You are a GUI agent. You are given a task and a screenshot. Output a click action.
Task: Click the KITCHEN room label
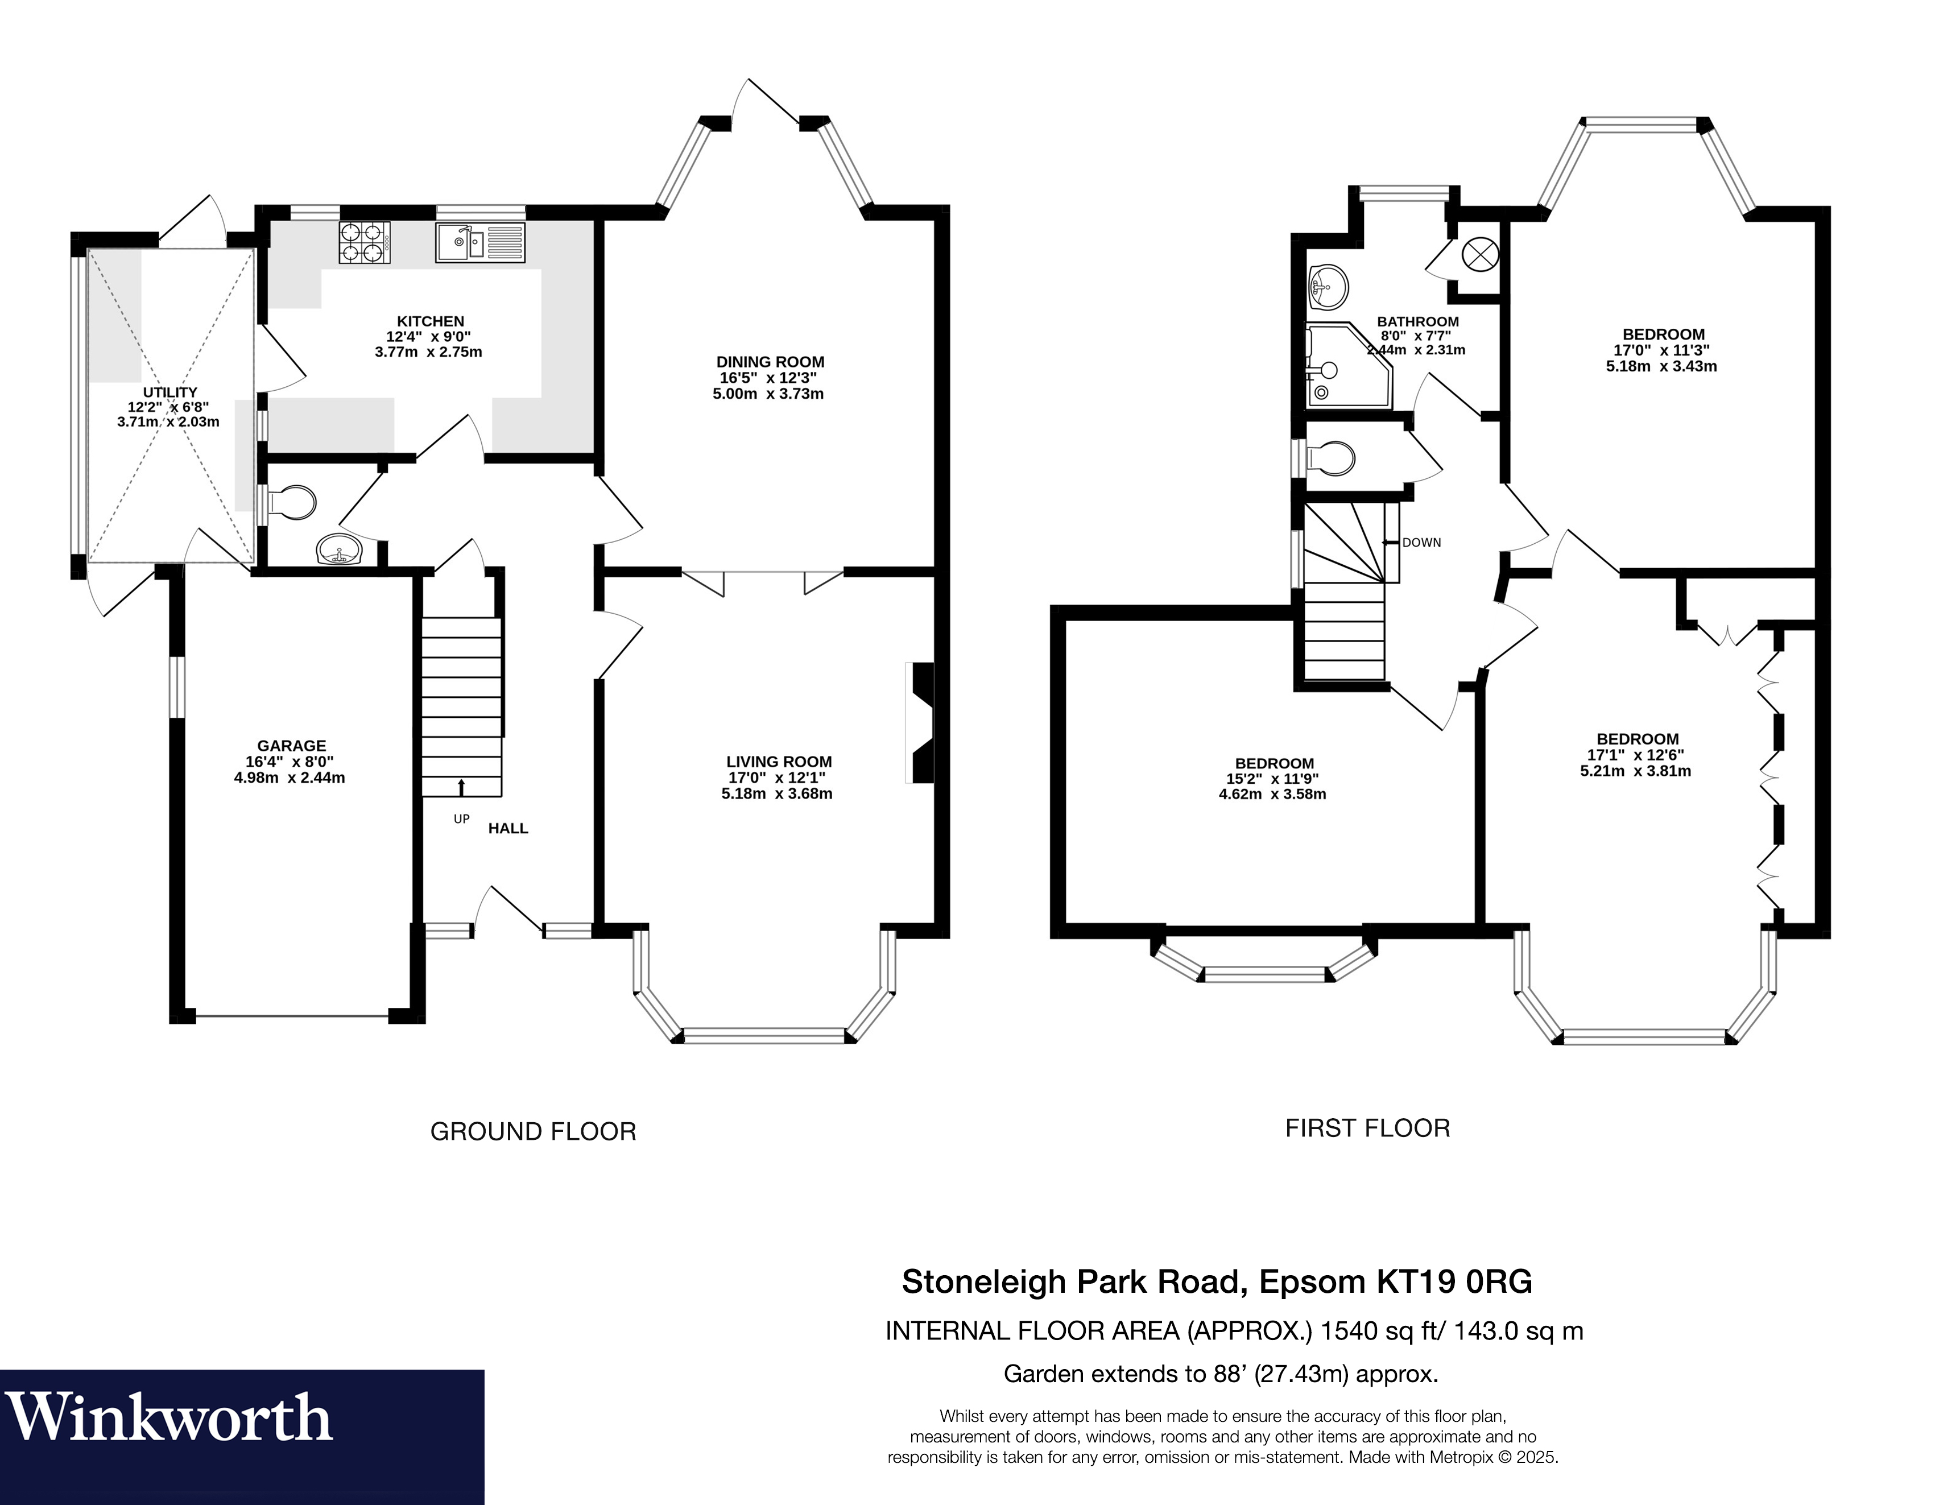(x=431, y=321)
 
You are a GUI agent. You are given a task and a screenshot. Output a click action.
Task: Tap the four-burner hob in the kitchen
(x=364, y=242)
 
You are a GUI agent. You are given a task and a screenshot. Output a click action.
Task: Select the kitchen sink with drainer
(x=480, y=242)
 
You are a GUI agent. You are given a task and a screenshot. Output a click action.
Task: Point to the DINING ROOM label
(x=770, y=361)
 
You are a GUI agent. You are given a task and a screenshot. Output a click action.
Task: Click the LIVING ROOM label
(x=779, y=761)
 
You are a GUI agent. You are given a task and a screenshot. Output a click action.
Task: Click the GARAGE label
(x=291, y=746)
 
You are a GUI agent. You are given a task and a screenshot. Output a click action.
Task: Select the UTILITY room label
(x=170, y=391)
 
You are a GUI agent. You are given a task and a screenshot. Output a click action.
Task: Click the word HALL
(x=508, y=828)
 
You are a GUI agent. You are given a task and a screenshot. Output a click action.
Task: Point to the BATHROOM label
(x=1417, y=321)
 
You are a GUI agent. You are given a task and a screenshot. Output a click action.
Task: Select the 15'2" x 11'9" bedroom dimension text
(x=1272, y=779)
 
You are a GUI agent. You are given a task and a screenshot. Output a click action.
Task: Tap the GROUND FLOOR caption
(x=534, y=1131)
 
